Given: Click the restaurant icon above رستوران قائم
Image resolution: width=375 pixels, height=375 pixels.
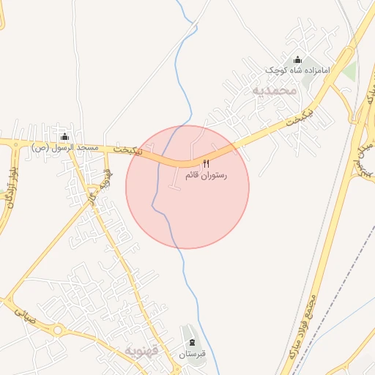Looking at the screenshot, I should coord(206,163).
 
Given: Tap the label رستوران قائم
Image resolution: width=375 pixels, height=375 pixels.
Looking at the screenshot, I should coord(206,176).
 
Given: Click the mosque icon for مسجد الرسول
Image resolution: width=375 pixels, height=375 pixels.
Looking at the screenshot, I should coord(64,136).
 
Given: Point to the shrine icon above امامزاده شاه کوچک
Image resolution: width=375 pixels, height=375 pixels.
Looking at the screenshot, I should coord(297,60).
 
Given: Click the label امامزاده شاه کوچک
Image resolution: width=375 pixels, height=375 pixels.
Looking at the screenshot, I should coord(297,71).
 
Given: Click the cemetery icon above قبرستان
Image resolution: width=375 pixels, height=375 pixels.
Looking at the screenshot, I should coord(192,344).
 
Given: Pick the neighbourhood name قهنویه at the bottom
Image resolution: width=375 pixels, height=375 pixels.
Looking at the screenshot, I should coord(143,350).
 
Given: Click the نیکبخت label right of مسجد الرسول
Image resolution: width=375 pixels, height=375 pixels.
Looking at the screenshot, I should coord(128,149).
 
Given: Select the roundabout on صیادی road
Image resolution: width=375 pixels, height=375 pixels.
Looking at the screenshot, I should coord(56,330).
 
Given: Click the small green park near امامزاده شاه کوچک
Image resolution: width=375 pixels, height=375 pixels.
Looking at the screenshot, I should coord(349,72).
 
